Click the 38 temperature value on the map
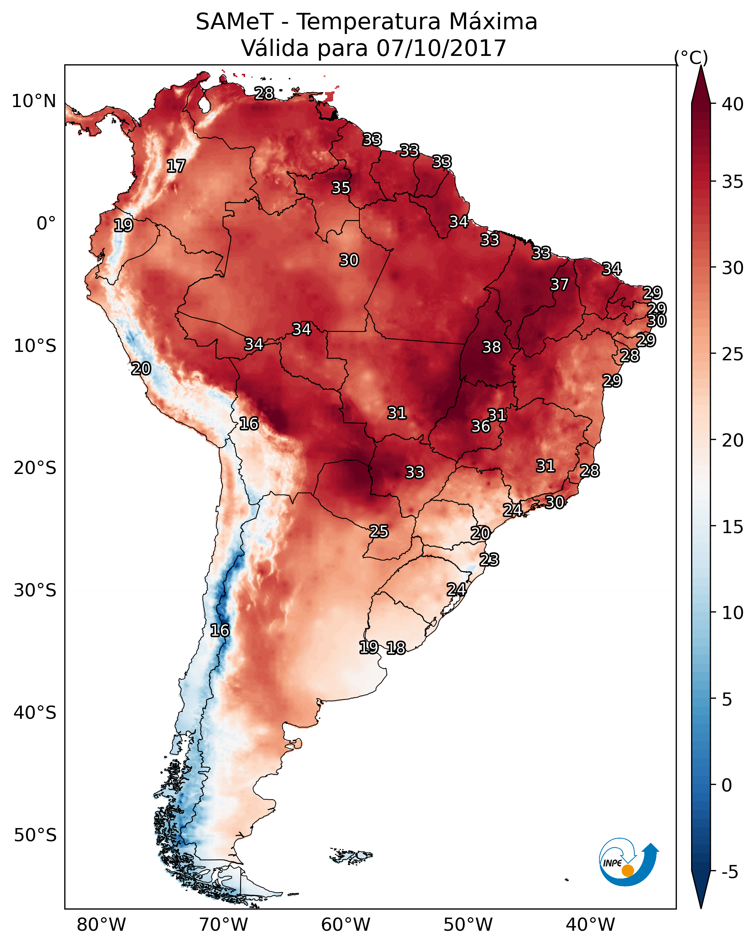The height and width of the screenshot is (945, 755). click(491, 347)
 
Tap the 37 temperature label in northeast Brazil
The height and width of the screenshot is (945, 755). click(559, 284)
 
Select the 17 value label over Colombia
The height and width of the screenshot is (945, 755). click(176, 166)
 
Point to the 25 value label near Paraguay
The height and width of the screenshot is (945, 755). click(378, 531)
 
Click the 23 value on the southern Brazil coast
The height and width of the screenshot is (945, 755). click(489, 560)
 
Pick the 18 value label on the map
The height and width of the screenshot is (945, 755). click(396, 648)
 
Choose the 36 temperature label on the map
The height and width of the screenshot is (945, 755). click(481, 426)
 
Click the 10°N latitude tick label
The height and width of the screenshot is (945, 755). click(34, 101)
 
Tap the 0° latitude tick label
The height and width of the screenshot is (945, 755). click(46, 224)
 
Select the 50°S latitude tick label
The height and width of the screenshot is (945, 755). click(35, 835)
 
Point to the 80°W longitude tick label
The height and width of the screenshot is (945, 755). click(101, 925)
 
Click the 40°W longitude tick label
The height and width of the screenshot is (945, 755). click(590, 925)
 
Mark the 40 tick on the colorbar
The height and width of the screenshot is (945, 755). click(733, 104)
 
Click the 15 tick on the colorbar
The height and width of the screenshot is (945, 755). click(733, 527)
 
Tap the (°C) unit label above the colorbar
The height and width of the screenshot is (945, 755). click(691, 57)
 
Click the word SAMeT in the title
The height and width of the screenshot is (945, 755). click(234, 22)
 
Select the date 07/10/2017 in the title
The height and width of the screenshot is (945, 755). click(441, 48)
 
